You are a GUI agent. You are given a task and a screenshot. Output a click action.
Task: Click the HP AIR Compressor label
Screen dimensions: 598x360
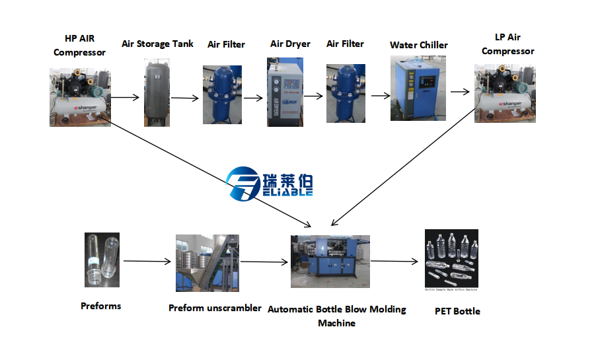click(79, 45)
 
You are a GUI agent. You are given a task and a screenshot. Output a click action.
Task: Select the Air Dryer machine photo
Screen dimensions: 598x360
click(284, 92)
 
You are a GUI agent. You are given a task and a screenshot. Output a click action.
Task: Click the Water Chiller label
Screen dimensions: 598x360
click(418, 46)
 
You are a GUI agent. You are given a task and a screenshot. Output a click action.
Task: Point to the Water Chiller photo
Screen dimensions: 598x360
click(418, 88)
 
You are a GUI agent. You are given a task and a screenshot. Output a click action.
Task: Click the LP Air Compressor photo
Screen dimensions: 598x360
click(504, 93)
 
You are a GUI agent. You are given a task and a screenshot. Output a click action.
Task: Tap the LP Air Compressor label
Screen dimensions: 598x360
click(507, 44)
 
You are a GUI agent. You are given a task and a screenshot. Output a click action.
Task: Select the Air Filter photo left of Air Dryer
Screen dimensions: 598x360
click(222, 94)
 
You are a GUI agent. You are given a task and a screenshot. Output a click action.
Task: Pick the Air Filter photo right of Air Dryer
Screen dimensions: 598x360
click(346, 94)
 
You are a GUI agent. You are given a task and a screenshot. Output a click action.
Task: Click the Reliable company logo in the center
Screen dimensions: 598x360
click(270, 182)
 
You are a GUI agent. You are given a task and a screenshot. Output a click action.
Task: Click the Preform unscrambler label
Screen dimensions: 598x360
click(215, 308)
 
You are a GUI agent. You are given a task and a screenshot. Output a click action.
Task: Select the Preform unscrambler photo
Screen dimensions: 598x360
click(207, 263)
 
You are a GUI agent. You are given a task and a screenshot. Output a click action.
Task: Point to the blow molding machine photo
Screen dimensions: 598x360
click(330, 261)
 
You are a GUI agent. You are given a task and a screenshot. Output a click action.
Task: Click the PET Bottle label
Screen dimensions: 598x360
click(457, 311)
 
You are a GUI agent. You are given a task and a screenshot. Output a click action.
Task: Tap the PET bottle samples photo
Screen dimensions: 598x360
click(451, 260)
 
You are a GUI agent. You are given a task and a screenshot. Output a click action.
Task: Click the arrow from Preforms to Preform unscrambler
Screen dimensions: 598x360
click(147, 262)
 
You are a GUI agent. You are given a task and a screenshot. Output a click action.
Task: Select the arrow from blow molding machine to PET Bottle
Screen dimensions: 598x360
click(394, 261)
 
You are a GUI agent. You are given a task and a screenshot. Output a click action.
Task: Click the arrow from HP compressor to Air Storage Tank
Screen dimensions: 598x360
click(125, 98)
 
